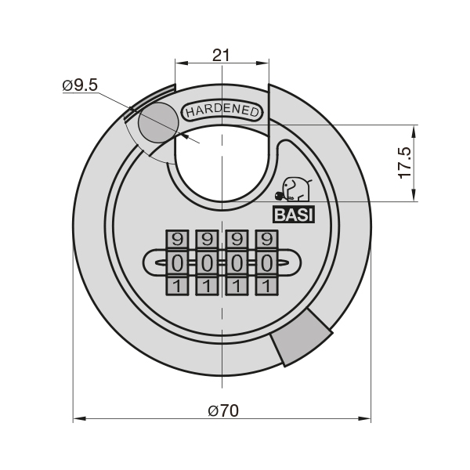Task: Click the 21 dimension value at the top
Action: click(x=221, y=55)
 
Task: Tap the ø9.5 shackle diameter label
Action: click(x=80, y=85)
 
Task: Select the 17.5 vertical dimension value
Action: click(x=405, y=163)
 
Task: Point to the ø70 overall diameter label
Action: click(x=223, y=410)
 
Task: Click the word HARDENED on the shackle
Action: click(x=222, y=111)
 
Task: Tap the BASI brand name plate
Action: click(x=294, y=215)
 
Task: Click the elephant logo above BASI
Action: click(x=294, y=189)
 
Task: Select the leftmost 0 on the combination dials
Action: click(x=177, y=264)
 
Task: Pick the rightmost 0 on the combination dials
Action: click(x=266, y=264)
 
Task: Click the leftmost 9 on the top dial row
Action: click(x=177, y=240)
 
